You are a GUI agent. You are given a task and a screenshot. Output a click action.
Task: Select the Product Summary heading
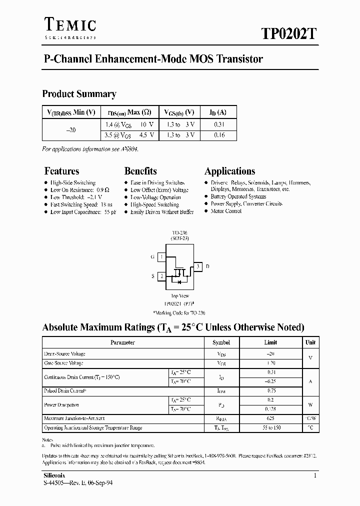[x=79, y=93]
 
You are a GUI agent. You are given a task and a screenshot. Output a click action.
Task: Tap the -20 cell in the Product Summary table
[x=71, y=129]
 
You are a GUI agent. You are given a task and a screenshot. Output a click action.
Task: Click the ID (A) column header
[x=218, y=112]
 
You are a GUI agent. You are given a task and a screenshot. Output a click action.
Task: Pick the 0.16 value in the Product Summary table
[x=219, y=135]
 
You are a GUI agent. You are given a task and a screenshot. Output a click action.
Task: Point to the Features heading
[x=61, y=171]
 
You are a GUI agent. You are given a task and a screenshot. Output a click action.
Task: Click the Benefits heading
[x=140, y=171]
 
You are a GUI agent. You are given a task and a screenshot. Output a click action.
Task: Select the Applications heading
[x=229, y=171]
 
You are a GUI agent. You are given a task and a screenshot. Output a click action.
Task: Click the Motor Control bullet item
[x=226, y=211]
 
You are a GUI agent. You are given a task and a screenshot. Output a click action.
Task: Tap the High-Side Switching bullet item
[x=73, y=183]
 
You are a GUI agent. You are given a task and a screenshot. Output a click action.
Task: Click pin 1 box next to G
[x=161, y=257]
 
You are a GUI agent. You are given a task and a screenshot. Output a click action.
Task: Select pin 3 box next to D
[x=198, y=266]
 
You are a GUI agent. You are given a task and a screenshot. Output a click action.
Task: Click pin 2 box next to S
[x=161, y=276]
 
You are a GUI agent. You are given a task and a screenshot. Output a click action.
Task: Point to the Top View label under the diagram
[x=180, y=296]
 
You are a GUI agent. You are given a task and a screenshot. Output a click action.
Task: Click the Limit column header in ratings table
[x=270, y=342]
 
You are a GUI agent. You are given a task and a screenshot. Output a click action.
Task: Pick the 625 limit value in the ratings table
[x=270, y=418]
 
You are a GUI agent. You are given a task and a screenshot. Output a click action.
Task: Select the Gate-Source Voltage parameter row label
[x=63, y=363]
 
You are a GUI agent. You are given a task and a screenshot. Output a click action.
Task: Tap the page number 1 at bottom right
[x=315, y=475]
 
